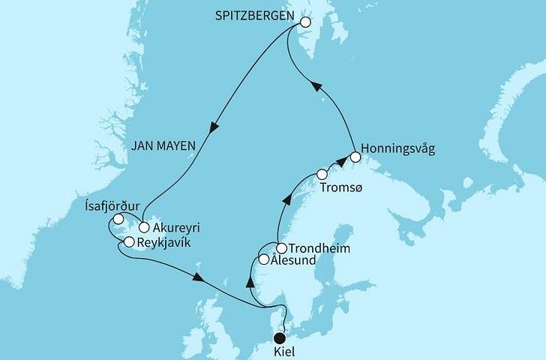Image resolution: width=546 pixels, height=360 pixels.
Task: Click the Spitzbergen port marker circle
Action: tap(305, 22)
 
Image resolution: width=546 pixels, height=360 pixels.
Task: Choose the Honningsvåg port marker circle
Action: tap(355, 158)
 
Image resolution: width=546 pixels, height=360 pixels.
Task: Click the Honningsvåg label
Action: tap(397, 148)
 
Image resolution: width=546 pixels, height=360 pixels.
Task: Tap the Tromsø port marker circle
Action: tap(322, 174)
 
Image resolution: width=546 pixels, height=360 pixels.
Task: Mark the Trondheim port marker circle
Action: tap(281, 247)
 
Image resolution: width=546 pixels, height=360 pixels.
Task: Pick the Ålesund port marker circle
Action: tap(263, 259)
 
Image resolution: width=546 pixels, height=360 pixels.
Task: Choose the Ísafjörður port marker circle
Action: tap(118, 219)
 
